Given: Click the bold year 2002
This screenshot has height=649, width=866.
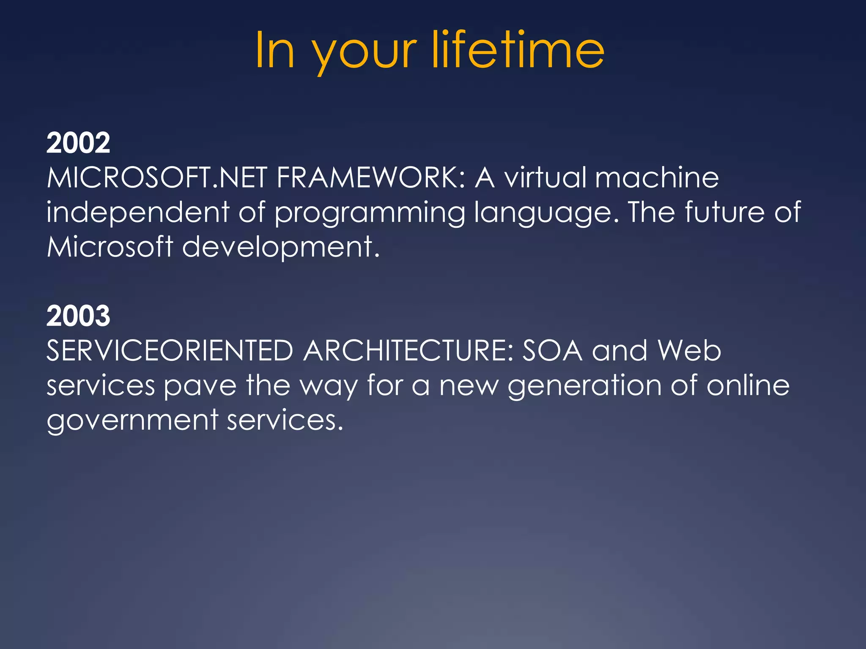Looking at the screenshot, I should (78, 143).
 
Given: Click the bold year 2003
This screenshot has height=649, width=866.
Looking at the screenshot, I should (78, 316).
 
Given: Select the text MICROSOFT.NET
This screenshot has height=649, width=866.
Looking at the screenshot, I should (157, 177).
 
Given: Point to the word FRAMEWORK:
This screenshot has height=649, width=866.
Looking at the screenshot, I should (371, 177).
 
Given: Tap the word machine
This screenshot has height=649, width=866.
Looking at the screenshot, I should (657, 177).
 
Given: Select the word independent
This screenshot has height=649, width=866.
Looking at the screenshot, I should (138, 212).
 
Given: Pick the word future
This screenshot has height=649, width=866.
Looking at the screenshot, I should (724, 212).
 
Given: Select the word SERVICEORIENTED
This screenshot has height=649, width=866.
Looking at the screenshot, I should (170, 351).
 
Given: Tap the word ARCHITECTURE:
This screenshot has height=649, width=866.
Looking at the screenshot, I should (408, 351).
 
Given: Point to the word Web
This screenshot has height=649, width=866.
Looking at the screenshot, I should (689, 351).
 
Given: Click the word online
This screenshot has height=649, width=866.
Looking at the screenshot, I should (748, 385).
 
